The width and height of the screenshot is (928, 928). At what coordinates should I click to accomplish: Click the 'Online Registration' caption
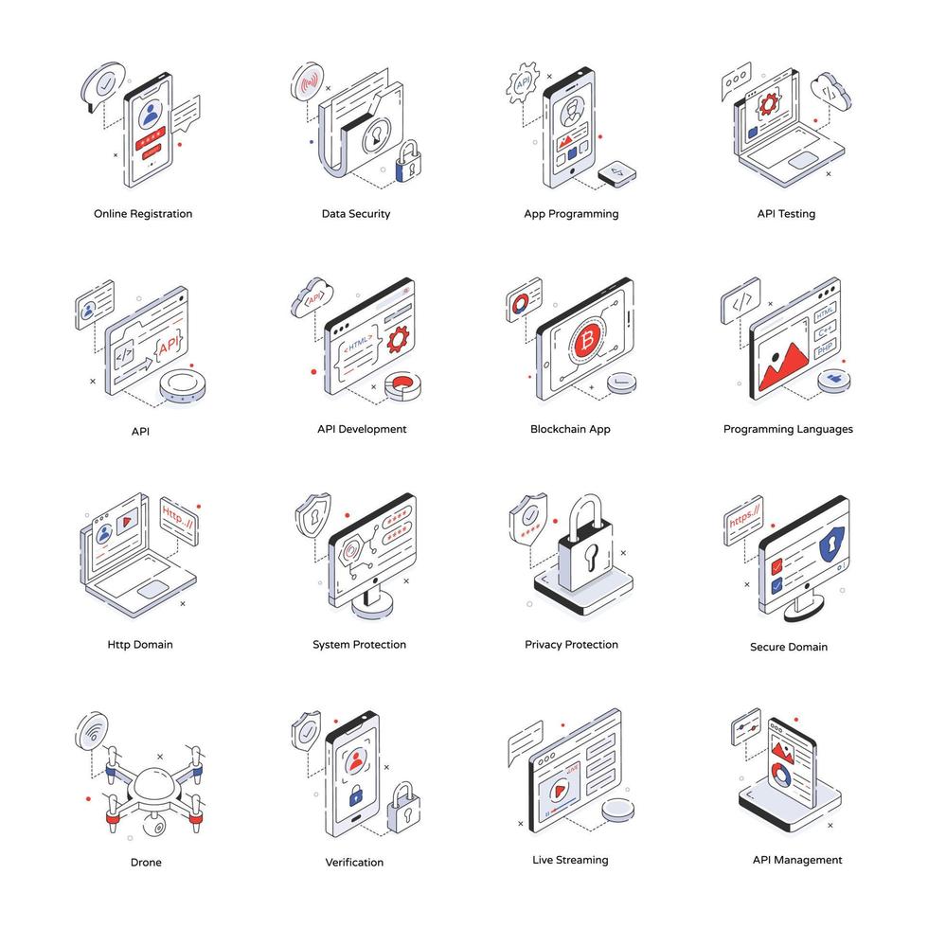coord(143,214)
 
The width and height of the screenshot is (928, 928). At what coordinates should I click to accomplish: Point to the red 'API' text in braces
coord(170,348)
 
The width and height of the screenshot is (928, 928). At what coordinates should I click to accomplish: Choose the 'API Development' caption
coord(362,429)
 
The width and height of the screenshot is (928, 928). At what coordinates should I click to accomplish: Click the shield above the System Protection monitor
coord(313,513)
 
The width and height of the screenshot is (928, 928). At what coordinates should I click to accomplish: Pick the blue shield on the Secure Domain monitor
coord(830,545)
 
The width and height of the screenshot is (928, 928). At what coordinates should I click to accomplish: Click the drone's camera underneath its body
coord(152,825)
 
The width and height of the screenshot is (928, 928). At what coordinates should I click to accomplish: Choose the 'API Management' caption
coord(797,860)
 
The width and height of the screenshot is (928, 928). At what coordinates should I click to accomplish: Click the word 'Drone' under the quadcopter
coord(146,863)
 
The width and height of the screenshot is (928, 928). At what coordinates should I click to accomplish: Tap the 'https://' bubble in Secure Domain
coord(743,520)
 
